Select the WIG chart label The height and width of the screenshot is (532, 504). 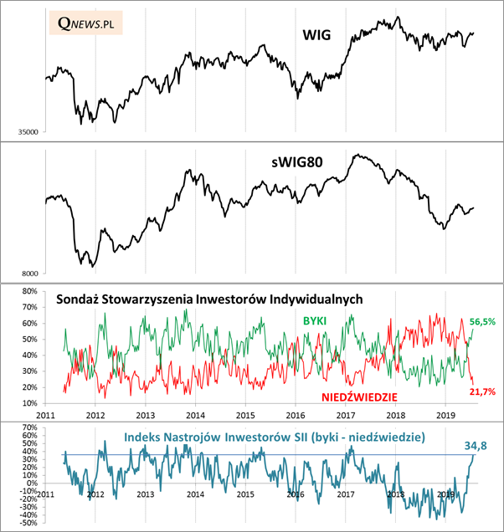click(316, 35)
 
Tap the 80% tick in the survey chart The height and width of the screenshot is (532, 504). click(30, 292)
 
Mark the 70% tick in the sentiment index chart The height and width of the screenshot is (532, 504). click(30, 427)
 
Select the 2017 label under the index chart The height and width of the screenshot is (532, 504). click(346, 494)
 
